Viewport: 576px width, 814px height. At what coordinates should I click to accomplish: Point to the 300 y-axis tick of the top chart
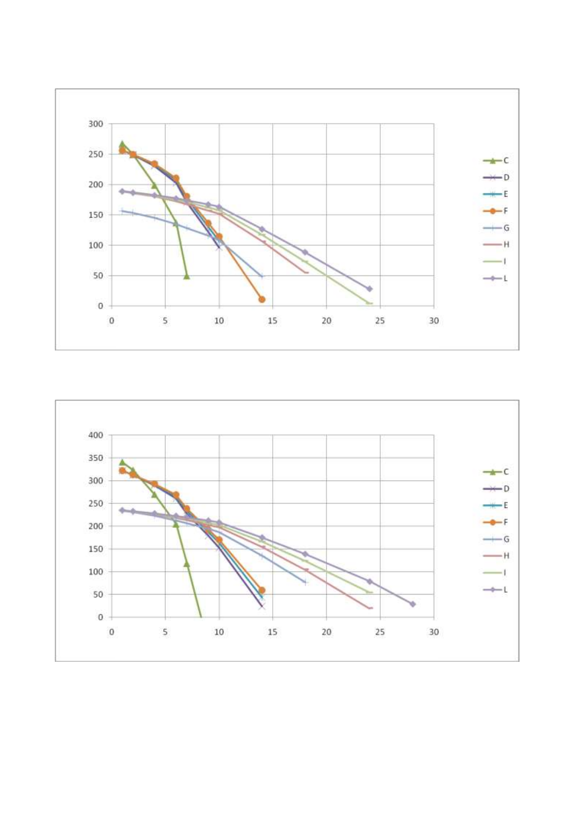click(96, 124)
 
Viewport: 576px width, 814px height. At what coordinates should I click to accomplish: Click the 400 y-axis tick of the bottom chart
click(96, 436)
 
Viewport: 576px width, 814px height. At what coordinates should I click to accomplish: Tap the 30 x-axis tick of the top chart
click(434, 320)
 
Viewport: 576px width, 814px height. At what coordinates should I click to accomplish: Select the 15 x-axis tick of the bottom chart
click(273, 632)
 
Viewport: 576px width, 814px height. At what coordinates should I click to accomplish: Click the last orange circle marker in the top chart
click(262, 299)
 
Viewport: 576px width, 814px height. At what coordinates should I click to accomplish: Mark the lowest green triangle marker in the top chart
click(187, 276)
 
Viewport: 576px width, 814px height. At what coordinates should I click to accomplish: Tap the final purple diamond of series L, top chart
click(369, 289)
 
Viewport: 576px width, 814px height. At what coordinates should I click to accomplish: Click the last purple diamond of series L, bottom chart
click(413, 604)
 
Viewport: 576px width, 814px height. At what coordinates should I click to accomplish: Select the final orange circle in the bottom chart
click(262, 590)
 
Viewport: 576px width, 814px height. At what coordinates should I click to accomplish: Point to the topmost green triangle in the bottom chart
click(122, 462)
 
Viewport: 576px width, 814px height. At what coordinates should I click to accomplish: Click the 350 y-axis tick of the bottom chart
click(96, 458)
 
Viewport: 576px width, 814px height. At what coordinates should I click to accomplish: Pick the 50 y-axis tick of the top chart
click(98, 276)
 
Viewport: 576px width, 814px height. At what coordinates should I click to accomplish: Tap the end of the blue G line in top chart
click(262, 276)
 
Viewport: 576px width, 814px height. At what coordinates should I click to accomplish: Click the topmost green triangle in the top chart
click(122, 144)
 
